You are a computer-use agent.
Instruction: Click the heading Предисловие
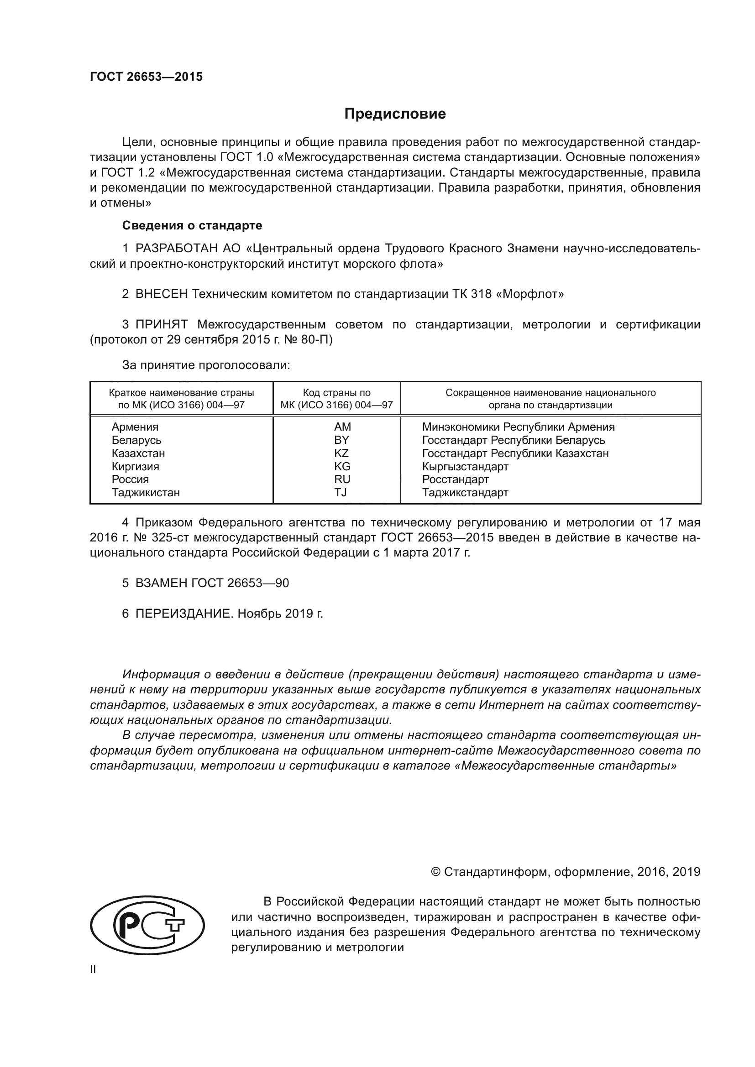click(x=395, y=114)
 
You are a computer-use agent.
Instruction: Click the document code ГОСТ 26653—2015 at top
click(x=147, y=77)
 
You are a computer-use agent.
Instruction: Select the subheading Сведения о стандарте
click(x=192, y=225)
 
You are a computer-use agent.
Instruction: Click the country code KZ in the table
click(x=341, y=453)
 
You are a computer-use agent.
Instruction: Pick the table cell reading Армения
click(x=135, y=427)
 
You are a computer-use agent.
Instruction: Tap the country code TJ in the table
click(x=341, y=493)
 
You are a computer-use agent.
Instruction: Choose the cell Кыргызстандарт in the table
click(x=465, y=467)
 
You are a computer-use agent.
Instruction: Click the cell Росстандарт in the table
click(x=455, y=479)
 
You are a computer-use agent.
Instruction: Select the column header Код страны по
click(x=336, y=393)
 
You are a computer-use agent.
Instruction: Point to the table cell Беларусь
click(x=136, y=440)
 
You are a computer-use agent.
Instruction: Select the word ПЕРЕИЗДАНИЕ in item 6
click(x=183, y=614)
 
